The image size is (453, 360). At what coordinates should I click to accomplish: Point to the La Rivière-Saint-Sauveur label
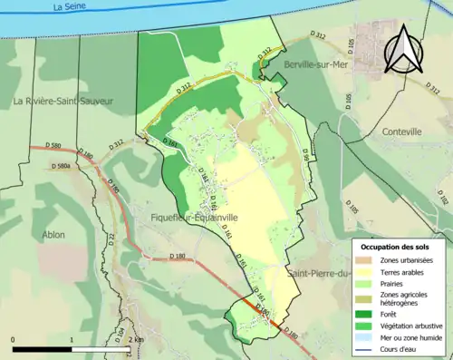tap(63, 102)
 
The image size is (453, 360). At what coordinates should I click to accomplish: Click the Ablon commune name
tap(53, 235)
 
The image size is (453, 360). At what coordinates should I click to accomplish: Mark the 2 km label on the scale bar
tap(136, 339)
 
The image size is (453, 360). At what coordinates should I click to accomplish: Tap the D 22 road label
tap(112, 238)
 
